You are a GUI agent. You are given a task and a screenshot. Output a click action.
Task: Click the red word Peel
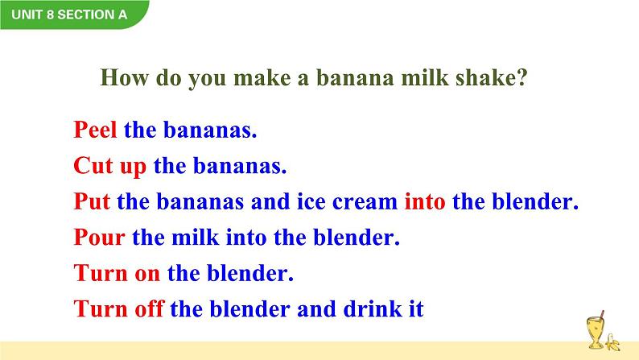coord(95,130)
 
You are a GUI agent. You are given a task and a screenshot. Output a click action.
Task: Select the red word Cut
coord(93,166)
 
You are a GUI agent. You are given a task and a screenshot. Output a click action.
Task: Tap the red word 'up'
coord(133,168)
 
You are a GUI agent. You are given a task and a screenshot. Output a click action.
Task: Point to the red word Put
coord(92,201)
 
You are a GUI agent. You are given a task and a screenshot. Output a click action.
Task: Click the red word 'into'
coord(425,201)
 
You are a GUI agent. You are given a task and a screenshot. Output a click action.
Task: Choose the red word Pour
coord(99,238)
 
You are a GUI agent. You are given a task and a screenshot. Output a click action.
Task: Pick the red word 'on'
coord(147,275)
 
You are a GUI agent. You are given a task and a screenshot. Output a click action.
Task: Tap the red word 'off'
coord(149,308)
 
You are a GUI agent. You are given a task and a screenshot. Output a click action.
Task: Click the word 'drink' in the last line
coord(373,308)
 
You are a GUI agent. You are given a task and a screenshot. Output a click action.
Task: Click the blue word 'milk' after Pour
coord(196,238)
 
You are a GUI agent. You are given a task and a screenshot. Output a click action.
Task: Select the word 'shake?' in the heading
coord(491,77)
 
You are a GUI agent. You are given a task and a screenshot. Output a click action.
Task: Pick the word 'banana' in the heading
coord(355,77)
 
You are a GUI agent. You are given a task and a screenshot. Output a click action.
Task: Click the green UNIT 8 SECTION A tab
coord(74,14)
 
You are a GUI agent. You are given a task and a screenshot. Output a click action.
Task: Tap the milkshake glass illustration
coord(596,331)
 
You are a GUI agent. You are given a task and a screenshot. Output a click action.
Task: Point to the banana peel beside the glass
coord(612,342)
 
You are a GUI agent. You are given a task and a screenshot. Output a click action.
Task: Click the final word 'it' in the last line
coord(416,308)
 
